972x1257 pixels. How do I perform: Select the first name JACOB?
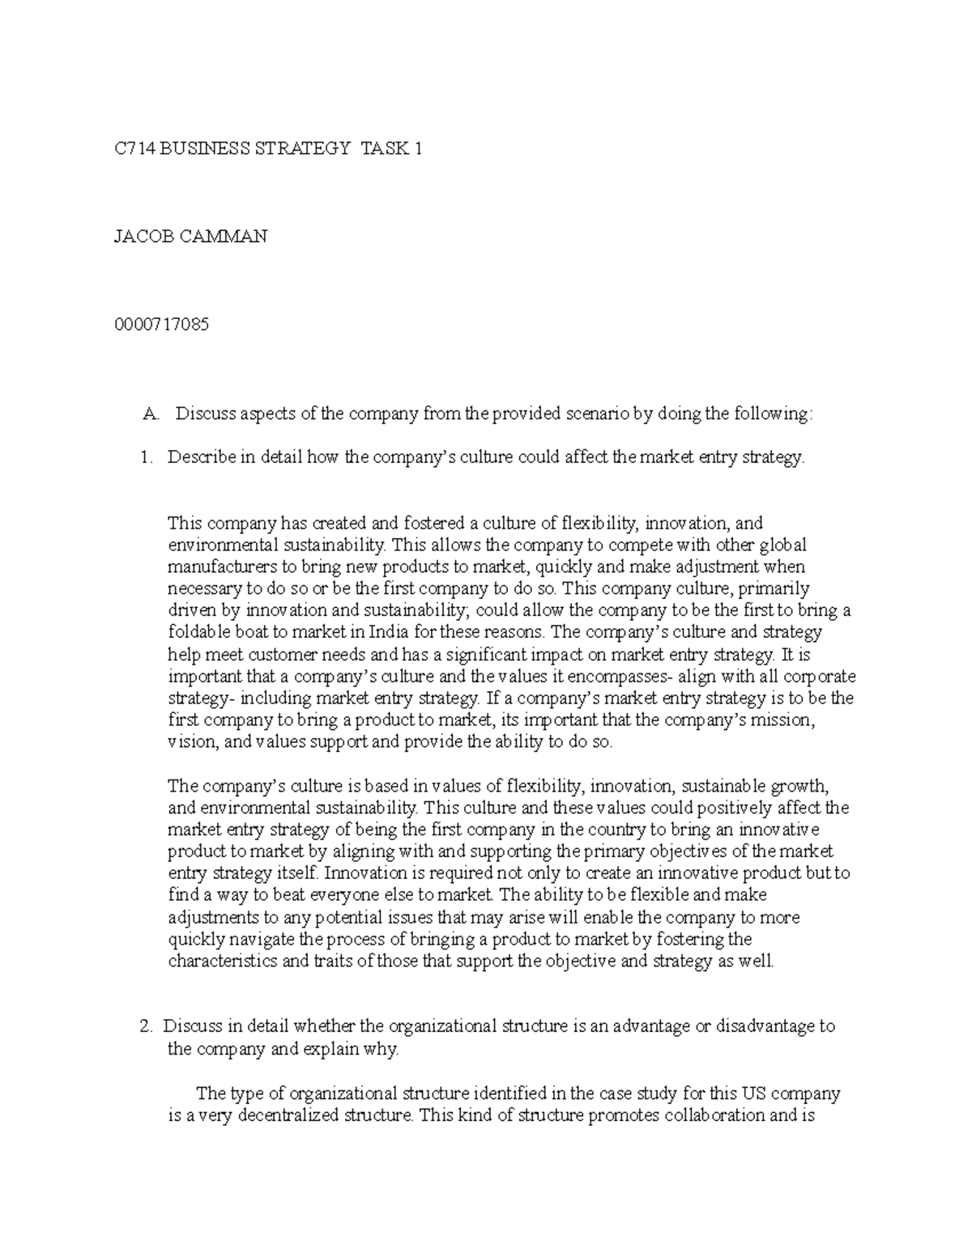pyautogui.click(x=140, y=236)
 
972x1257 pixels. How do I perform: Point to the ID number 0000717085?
pyautogui.click(x=161, y=325)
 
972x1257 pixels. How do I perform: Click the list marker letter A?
pyautogui.click(x=149, y=414)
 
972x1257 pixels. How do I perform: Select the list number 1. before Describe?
pyautogui.click(x=145, y=457)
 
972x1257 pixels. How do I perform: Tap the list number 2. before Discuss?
pyautogui.click(x=145, y=1026)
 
